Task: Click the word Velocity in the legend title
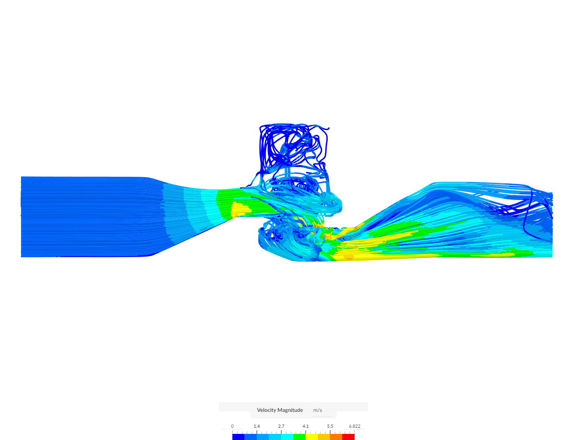point(266,410)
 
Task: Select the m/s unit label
point(318,410)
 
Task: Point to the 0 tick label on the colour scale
point(232,426)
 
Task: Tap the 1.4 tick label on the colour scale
point(257,426)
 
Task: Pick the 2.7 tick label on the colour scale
point(281,426)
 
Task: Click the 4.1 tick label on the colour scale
point(306,426)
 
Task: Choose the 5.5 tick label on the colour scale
point(330,426)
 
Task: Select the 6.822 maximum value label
point(354,426)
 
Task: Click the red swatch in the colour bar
point(349,437)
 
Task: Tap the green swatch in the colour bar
point(300,437)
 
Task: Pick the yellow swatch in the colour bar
point(312,437)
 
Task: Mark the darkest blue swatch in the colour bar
point(238,437)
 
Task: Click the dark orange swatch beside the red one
point(336,437)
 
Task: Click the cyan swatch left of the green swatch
point(287,437)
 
